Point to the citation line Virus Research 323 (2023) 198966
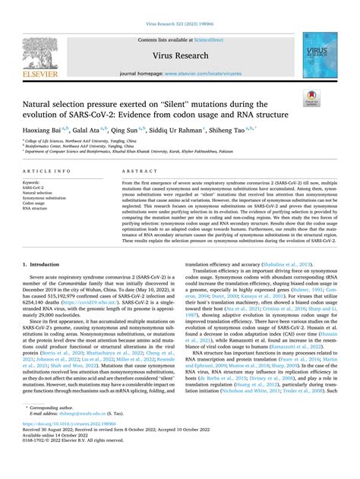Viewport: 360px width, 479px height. [180, 7]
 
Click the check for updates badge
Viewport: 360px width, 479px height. [331, 97]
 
